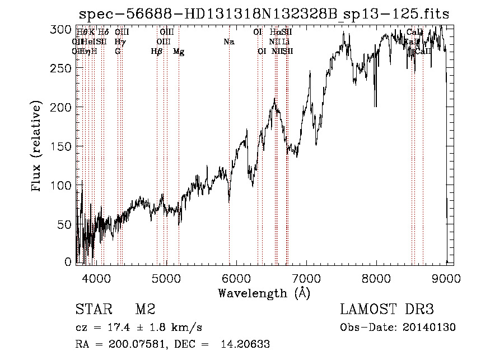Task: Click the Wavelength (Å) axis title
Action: coord(264,293)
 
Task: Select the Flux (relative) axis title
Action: coord(38,146)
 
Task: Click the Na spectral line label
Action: coord(228,42)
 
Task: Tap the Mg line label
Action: coord(179,52)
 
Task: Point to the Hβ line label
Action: coord(157,52)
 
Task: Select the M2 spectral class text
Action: coord(145,310)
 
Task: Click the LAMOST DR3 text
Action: coord(387,310)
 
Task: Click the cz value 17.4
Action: coord(118,327)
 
